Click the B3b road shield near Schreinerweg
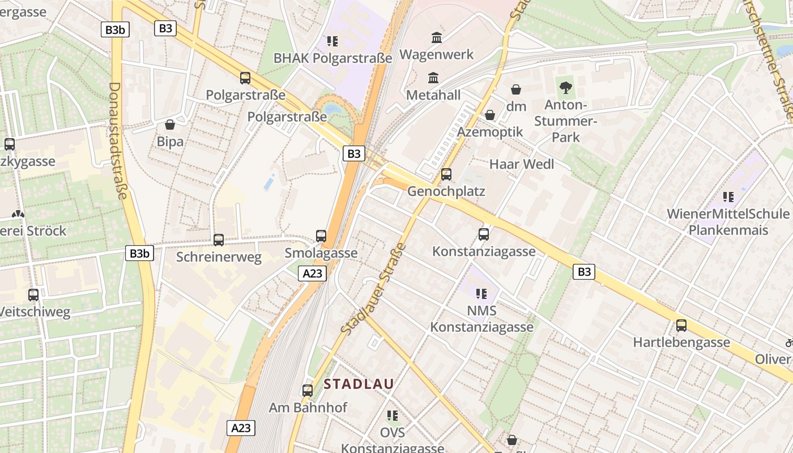pos(139,253)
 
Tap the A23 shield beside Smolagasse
pos(312,273)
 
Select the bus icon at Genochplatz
pos(446,174)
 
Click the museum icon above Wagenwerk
pos(437,38)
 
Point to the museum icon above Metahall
pos(433,78)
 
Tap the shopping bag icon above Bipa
pos(169,125)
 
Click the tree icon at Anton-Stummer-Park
pos(565,87)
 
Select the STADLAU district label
pos(359,384)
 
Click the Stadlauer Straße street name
pos(374,289)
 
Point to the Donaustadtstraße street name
pos(117,140)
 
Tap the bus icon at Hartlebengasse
pos(681,326)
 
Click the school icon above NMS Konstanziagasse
pos(481,293)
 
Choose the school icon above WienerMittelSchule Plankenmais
pos(728,197)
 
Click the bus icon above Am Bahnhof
pos(307,390)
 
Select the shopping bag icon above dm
pos(516,89)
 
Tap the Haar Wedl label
pos(522,164)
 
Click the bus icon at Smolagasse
pos(321,236)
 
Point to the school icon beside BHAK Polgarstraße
pos(332,41)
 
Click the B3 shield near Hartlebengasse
pos(584,272)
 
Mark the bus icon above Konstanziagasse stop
pos(483,234)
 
